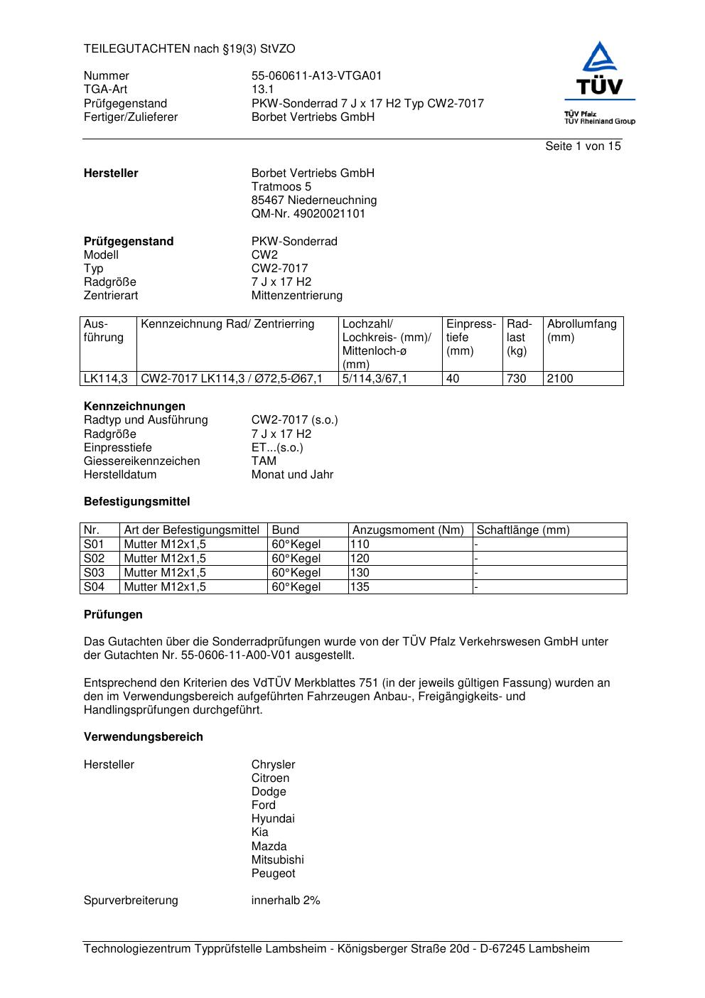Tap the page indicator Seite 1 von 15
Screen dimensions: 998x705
pyautogui.click(x=583, y=146)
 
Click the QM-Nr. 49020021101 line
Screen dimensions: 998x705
pyautogui.click(x=308, y=214)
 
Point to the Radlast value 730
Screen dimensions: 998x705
pyautogui.click(x=516, y=379)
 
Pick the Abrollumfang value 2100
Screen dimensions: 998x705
pyautogui.click(x=560, y=379)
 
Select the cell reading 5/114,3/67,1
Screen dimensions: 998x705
pyautogui.click(x=375, y=379)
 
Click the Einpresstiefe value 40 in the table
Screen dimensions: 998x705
pyautogui.click(x=453, y=379)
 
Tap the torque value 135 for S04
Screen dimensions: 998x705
pyautogui.click(x=360, y=587)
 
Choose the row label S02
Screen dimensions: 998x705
pyautogui.click(x=94, y=559)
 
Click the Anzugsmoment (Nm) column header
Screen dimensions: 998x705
pyautogui.click(x=408, y=530)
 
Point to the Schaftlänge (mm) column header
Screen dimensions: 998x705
pyautogui.click(x=523, y=530)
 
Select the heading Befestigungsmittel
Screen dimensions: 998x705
pyautogui.click(x=137, y=502)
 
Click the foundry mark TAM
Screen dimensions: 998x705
pyautogui.click(x=264, y=461)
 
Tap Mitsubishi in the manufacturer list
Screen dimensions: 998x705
pyautogui.click(x=277, y=860)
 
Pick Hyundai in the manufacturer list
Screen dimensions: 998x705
pyautogui.click(x=273, y=819)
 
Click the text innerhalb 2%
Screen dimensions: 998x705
pyautogui.click(x=286, y=901)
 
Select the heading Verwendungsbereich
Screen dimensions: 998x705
pyautogui.click(x=144, y=737)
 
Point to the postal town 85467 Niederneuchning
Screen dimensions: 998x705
pyautogui.click(x=314, y=200)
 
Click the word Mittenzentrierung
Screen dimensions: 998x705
pyautogui.click(x=296, y=296)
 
